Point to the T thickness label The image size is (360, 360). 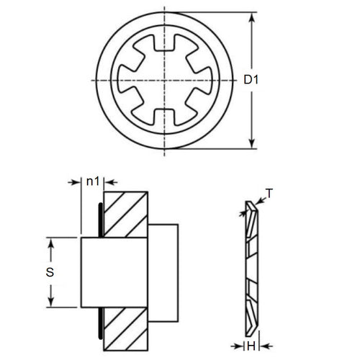269,192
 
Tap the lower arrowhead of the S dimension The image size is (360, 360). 51,300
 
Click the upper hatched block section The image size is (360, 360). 126,215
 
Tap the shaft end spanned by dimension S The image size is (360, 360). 90,272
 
